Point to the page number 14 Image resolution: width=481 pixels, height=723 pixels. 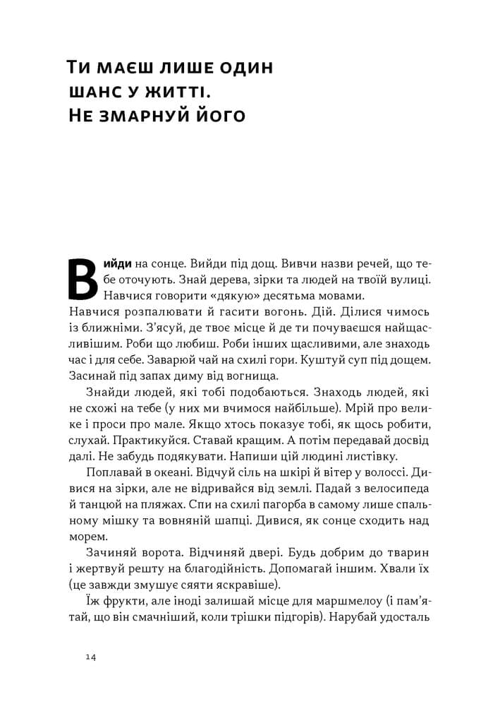[x=90, y=657]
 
